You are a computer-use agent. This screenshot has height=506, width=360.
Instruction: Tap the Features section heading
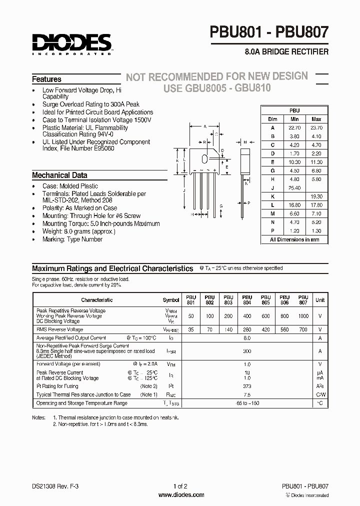tap(46, 79)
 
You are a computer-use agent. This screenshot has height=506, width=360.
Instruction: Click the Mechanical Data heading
tap(59, 175)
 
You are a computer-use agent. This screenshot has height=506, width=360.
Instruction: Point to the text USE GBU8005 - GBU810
tap(217, 88)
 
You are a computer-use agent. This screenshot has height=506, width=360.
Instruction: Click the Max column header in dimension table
tap(316, 119)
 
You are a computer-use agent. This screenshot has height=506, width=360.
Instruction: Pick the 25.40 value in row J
tap(294, 188)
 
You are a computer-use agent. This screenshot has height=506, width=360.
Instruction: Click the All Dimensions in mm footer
tap(294, 239)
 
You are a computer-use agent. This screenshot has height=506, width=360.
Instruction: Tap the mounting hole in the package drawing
tap(204, 159)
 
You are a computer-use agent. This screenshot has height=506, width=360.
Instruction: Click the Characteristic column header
tap(97, 300)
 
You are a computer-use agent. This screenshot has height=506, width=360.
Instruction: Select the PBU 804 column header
tap(246, 299)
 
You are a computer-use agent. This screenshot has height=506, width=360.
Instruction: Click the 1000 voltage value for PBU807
tap(303, 316)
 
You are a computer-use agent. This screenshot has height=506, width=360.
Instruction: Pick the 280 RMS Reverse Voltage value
tap(246, 329)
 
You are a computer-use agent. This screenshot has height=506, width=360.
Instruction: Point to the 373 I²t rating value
tap(246, 386)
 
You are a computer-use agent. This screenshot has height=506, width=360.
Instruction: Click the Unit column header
tap(319, 300)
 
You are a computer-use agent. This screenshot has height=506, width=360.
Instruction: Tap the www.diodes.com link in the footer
tap(180, 495)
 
